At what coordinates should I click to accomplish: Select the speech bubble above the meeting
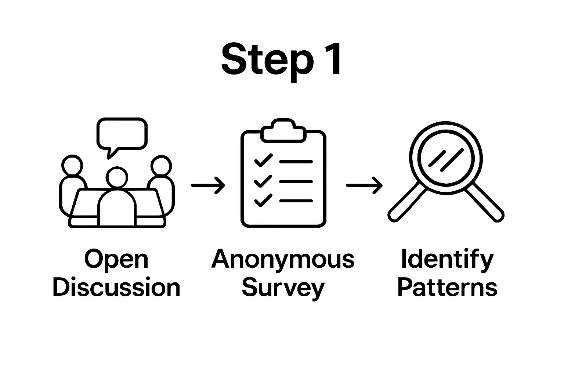122,134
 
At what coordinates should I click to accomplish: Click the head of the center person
117,178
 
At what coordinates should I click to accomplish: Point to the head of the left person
72,166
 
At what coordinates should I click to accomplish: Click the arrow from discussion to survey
208,185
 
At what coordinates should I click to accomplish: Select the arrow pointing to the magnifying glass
364,185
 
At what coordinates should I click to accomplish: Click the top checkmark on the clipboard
263,161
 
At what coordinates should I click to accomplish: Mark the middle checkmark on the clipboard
263,181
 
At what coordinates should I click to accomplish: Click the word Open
116,260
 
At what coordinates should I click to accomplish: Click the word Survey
283,288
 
